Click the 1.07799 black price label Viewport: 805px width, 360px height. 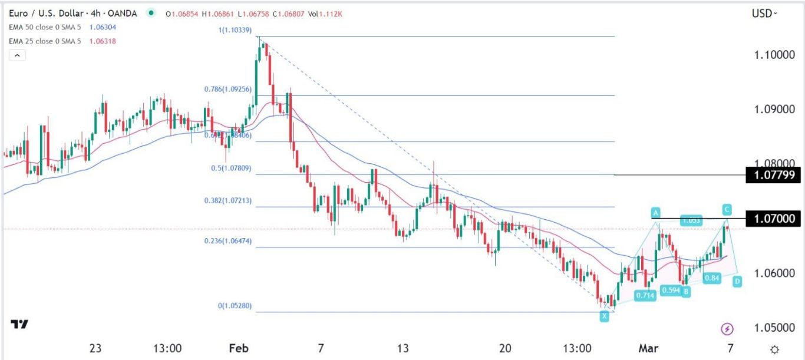[x=773, y=174]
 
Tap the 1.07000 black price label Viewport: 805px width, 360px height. [x=773, y=219]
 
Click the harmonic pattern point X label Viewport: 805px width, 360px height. [x=605, y=316]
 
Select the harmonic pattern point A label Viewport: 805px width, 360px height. [x=655, y=212]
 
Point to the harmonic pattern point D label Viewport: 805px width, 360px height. [x=737, y=282]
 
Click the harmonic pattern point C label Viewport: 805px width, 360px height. [x=728, y=209]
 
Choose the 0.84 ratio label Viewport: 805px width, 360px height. [x=712, y=278]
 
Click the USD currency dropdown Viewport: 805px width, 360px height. [x=765, y=13]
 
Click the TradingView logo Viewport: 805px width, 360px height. [x=19, y=325]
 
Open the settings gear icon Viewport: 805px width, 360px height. [x=774, y=348]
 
